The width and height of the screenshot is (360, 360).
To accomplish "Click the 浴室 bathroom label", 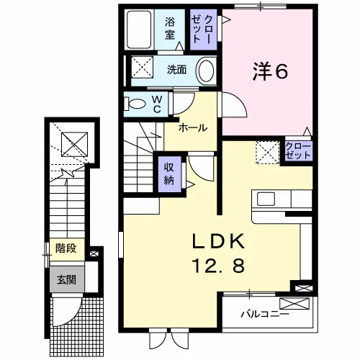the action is [x=170, y=29].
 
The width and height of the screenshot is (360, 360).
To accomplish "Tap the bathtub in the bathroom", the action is [x=139, y=30].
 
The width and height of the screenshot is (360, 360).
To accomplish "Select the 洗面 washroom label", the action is [x=176, y=70].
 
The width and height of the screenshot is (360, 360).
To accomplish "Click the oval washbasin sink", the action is [x=206, y=71].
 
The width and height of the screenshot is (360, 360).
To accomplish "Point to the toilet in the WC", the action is [x=135, y=104].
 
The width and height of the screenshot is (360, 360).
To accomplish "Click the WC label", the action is [x=157, y=104].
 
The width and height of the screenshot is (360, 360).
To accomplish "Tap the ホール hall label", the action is [x=193, y=128].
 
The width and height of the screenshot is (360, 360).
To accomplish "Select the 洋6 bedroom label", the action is [x=270, y=72].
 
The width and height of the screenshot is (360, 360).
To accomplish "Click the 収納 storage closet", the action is [x=169, y=174].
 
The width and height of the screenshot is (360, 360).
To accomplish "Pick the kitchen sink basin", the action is [x=266, y=199].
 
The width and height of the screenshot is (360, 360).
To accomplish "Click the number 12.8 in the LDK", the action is [x=218, y=266].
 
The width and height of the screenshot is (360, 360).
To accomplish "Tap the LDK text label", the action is [x=218, y=241].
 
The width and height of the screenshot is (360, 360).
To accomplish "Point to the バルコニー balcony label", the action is [x=265, y=314].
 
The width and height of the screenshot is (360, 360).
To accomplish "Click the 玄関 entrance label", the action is [x=66, y=279].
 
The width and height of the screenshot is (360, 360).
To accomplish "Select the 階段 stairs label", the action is [x=66, y=248].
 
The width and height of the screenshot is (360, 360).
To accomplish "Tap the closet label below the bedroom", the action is [x=298, y=150].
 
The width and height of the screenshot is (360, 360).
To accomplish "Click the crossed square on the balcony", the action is [x=294, y=304].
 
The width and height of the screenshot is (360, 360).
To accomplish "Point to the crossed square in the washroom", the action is [x=142, y=67].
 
